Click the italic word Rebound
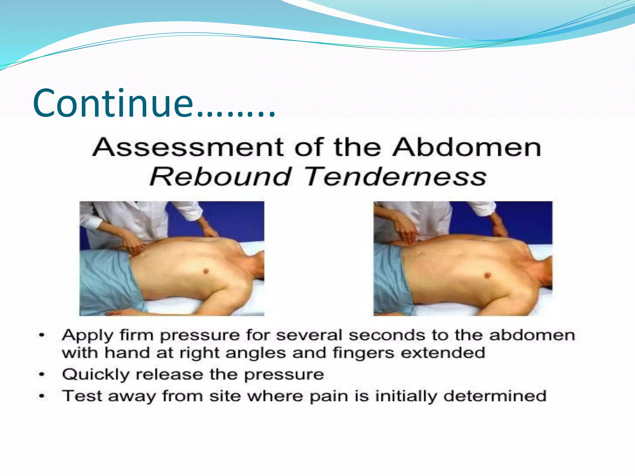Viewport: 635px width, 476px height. pos(220,177)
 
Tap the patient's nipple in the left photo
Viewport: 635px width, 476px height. pos(206,271)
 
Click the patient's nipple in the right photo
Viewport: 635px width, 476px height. pos(487,275)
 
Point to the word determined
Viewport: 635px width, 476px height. pos(495,396)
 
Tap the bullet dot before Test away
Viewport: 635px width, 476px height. pos(42,396)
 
